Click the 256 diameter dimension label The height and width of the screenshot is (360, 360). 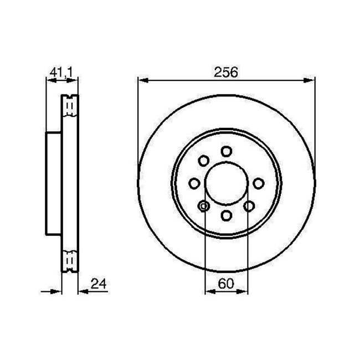[x=226, y=72]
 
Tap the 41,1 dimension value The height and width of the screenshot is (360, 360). [x=61, y=71]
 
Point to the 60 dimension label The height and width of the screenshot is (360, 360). [x=225, y=283]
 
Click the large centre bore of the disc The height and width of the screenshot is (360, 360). [x=226, y=183]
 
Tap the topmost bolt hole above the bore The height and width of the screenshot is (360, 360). [x=226, y=151]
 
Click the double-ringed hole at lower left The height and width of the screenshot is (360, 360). [x=203, y=206]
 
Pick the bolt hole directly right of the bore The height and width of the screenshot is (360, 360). [x=258, y=183]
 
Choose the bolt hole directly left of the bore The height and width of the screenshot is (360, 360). [x=194, y=183]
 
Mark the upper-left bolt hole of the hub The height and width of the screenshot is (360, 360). [x=203, y=161]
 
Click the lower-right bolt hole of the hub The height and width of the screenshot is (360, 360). [x=249, y=206]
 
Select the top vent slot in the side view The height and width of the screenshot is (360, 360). [x=70, y=105]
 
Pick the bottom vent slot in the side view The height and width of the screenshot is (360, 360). [x=70, y=260]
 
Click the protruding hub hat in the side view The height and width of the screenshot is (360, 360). [x=53, y=183]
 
